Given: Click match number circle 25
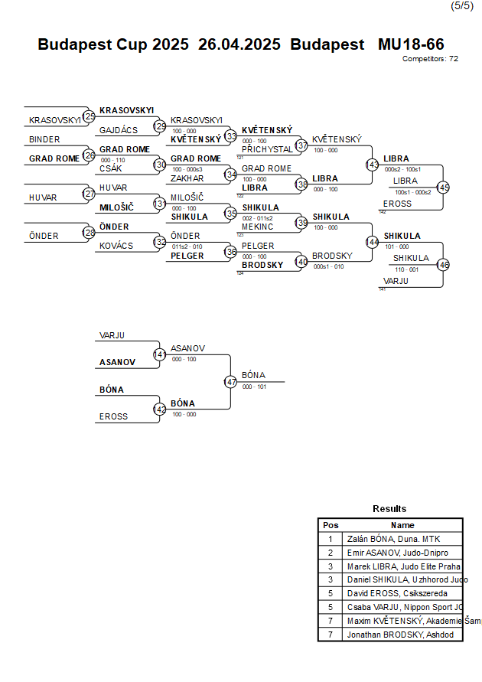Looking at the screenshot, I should click(x=90, y=116).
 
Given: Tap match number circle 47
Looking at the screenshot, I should click(x=230, y=381).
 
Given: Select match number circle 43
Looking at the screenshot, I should click(x=373, y=165).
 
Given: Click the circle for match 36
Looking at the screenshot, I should click(x=230, y=252).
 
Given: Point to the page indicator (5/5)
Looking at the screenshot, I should click(x=461, y=6).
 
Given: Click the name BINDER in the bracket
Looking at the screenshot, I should click(x=44, y=139).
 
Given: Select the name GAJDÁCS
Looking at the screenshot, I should click(x=119, y=130).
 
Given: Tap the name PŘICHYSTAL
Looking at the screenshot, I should click(x=267, y=149).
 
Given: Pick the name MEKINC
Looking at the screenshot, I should click(x=259, y=227).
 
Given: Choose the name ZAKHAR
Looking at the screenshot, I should click(x=187, y=178).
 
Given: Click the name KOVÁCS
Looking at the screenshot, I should click(x=116, y=246).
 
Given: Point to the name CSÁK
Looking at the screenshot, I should click(x=112, y=168).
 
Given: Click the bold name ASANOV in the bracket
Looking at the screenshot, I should click(x=117, y=362).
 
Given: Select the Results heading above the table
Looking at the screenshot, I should click(x=389, y=508).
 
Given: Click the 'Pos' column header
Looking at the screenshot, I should click(x=331, y=525).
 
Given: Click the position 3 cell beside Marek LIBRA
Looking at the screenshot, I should click(x=331, y=566).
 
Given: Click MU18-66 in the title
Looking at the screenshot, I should click(x=411, y=44).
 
